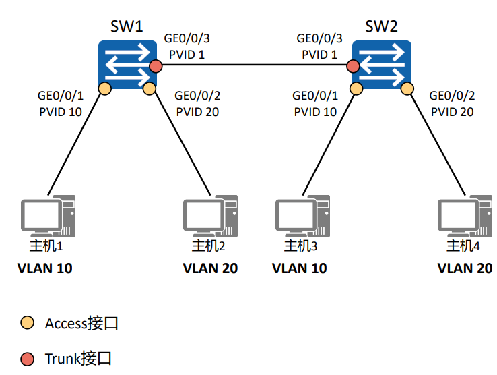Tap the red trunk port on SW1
156,66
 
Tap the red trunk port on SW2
353,66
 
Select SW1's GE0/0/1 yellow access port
104,88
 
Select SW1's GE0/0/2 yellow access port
150,88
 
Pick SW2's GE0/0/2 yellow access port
405,88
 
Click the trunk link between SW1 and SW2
254,66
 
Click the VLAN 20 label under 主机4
465,268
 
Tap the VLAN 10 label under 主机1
44,268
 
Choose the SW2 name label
381,27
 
